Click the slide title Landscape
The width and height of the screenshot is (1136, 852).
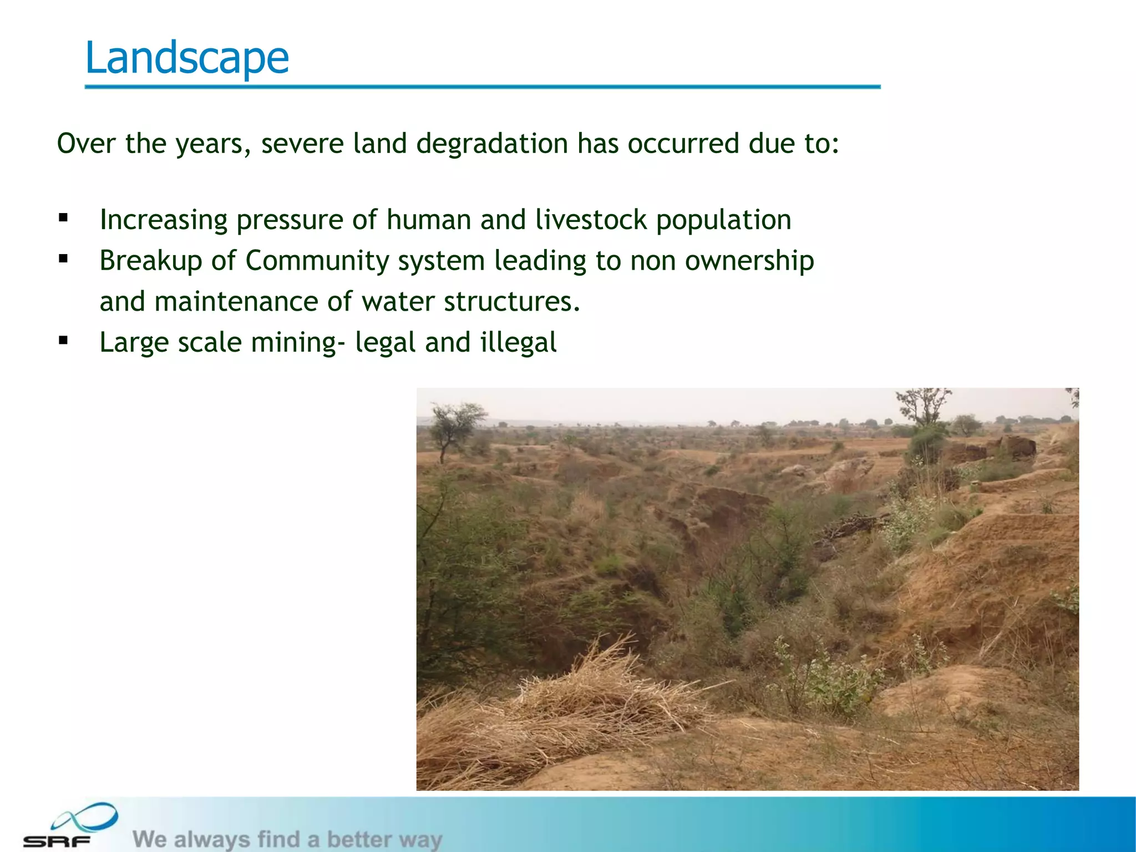(187, 58)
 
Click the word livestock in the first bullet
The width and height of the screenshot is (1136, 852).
(591, 220)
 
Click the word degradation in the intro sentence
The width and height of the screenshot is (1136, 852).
(492, 144)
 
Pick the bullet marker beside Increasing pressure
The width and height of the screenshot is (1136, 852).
(63, 218)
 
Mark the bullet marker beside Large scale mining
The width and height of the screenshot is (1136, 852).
(63, 340)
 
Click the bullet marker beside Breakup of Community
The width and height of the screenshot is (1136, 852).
(63, 258)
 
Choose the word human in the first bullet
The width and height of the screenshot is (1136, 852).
(429, 220)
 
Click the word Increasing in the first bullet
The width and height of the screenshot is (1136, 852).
(164, 220)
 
